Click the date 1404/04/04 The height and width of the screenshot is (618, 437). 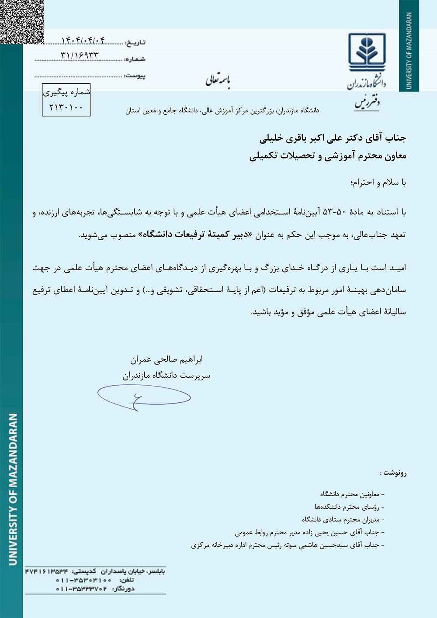coord(83,41)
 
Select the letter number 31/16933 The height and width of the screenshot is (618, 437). coord(80,55)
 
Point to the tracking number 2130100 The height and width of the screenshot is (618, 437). coord(66,107)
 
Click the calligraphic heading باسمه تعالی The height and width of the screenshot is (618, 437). coord(218,80)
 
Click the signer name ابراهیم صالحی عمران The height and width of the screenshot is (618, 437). coord(166,359)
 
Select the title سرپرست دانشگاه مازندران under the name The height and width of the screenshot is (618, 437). coord(166,375)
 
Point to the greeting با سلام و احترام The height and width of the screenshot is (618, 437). coord(378,183)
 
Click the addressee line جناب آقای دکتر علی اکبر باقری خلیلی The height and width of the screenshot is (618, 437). coord(333,138)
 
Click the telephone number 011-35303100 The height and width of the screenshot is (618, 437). coord(83,580)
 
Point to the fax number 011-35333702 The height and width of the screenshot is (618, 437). coord(81,589)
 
